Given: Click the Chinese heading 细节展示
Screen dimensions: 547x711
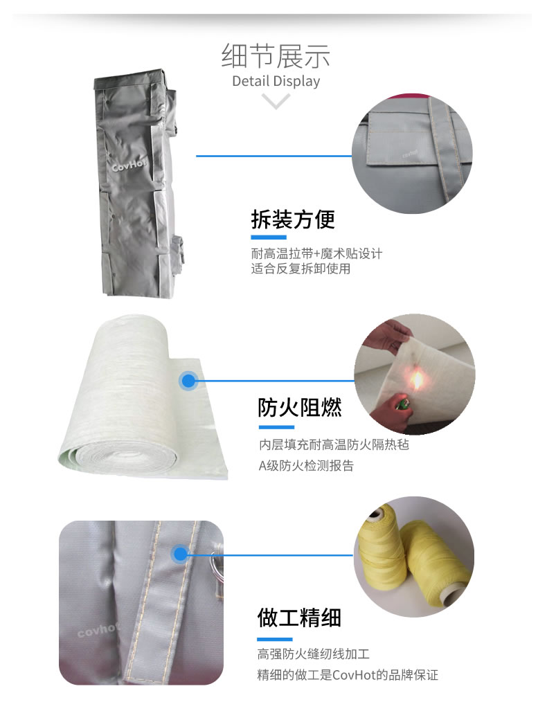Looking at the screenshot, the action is click(x=276, y=56).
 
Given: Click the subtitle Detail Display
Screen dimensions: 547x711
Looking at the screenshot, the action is click(x=276, y=81).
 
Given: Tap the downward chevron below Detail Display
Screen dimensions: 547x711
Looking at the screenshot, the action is click(x=276, y=101).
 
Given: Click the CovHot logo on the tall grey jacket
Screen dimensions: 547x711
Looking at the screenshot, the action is click(x=129, y=165).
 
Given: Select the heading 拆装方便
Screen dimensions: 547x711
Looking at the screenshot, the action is click(x=293, y=219).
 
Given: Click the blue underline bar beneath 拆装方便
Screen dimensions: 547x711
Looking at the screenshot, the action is click(x=269, y=237).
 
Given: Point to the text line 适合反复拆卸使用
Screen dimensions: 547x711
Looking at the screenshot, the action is click(x=301, y=269).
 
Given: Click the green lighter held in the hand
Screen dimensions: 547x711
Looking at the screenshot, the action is click(x=402, y=402).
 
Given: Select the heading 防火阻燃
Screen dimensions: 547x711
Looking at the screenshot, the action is click(x=300, y=407).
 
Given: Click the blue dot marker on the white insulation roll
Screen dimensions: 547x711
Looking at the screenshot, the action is click(x=188, y=380).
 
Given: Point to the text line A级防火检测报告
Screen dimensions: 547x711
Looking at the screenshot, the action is click(x=306, y=466).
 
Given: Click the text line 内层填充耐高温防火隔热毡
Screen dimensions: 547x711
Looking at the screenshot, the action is click(x=334, y=444).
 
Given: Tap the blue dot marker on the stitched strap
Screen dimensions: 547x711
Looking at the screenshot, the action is click(x=180, y=554).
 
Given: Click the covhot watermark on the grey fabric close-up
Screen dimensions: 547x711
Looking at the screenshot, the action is click(x=97, y=630).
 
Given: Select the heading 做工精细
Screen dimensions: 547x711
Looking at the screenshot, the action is click(x=299, y=618).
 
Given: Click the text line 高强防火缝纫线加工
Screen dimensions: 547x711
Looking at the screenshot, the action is click(x=314, y=654).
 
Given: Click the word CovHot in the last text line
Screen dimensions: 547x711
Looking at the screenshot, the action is click(x=353, y=675).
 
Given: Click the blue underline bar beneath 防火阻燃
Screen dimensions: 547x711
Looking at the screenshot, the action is click(x=277, y=427).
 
